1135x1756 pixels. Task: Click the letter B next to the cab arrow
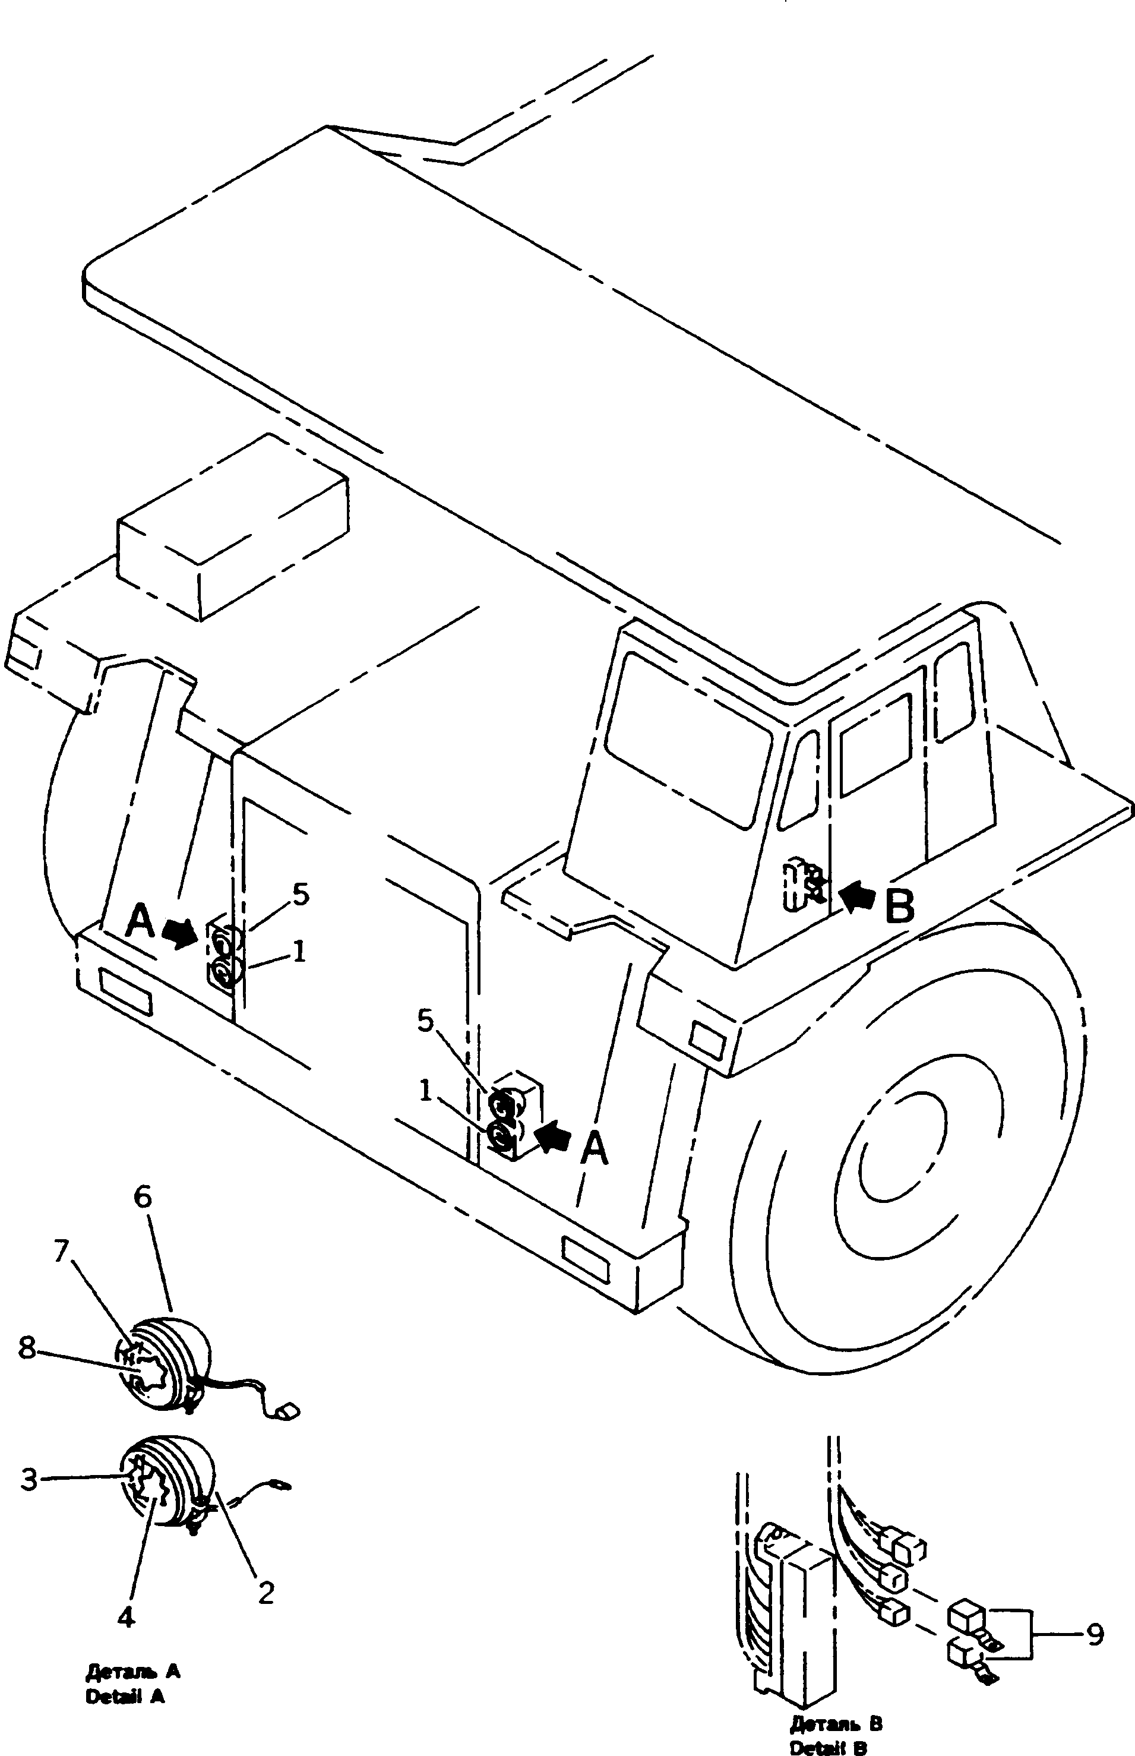[899, 905]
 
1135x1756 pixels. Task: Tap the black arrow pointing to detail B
[858, 899]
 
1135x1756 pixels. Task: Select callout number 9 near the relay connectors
[1095, 1634]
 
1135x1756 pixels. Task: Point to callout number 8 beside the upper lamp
[27, 1348]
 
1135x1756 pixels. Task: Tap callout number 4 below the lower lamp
[126, 1618]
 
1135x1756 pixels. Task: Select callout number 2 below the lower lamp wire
[265, 1593]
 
